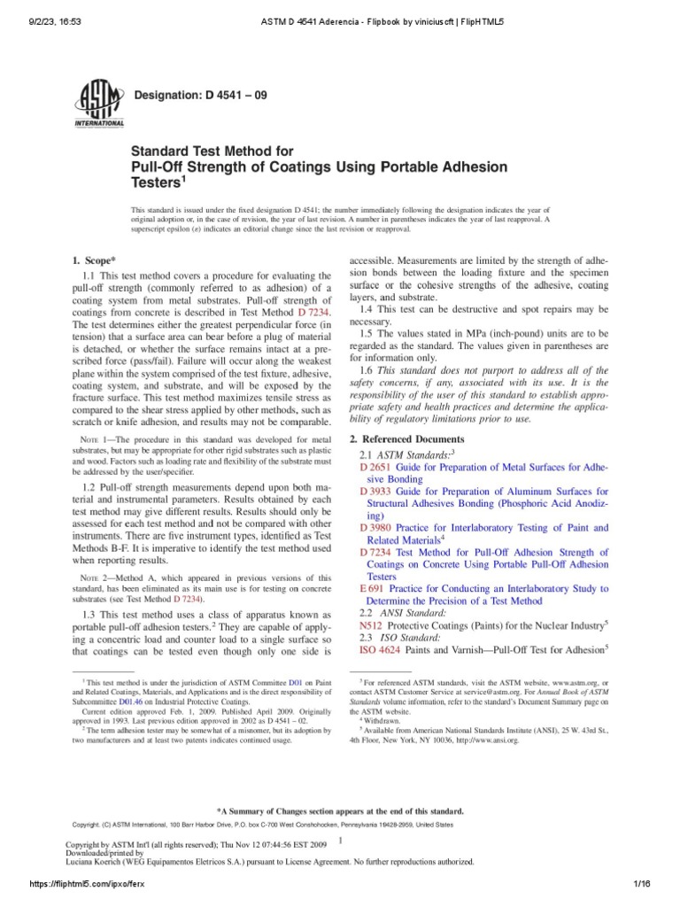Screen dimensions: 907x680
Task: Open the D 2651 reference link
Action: tap(376, 466)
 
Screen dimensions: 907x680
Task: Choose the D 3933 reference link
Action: tap(376, 490)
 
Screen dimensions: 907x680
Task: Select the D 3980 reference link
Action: tap(376, 527)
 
